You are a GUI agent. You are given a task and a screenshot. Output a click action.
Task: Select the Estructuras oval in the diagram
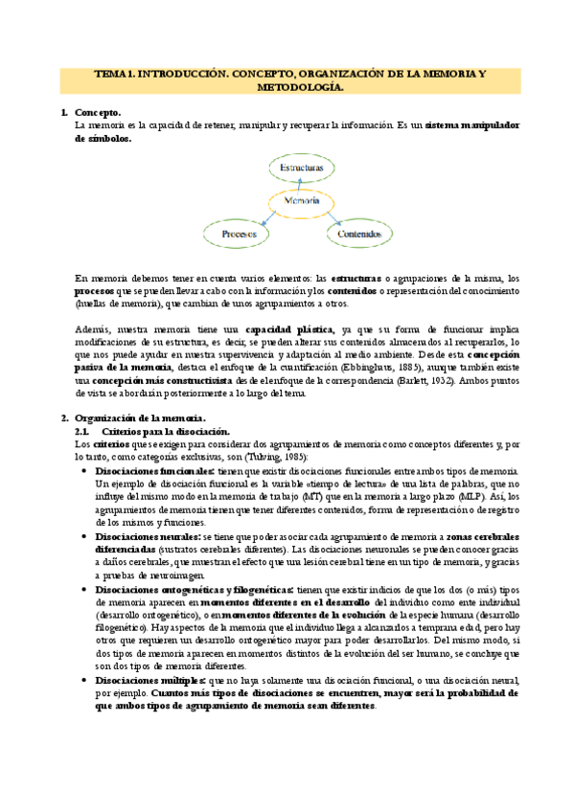point(301,168)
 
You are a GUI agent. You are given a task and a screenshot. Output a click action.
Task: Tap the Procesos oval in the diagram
point(238,233)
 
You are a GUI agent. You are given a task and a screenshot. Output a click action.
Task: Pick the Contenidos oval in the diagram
point(359,233)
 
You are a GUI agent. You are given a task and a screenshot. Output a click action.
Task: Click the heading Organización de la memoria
point(140,417)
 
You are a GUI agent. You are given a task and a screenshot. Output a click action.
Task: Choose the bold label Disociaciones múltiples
point(149,678)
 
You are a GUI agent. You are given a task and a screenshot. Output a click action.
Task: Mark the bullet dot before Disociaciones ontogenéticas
point(87,591)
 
